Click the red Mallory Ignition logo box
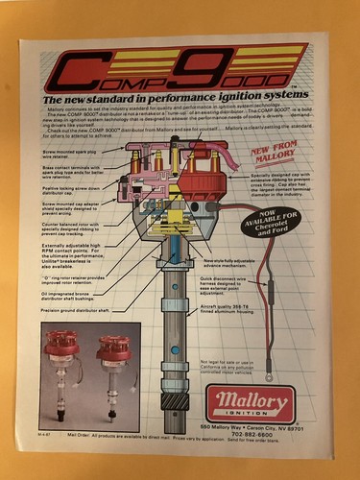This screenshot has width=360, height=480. [x=252, y=404]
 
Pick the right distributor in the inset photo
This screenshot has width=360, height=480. [x=114, y=371]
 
